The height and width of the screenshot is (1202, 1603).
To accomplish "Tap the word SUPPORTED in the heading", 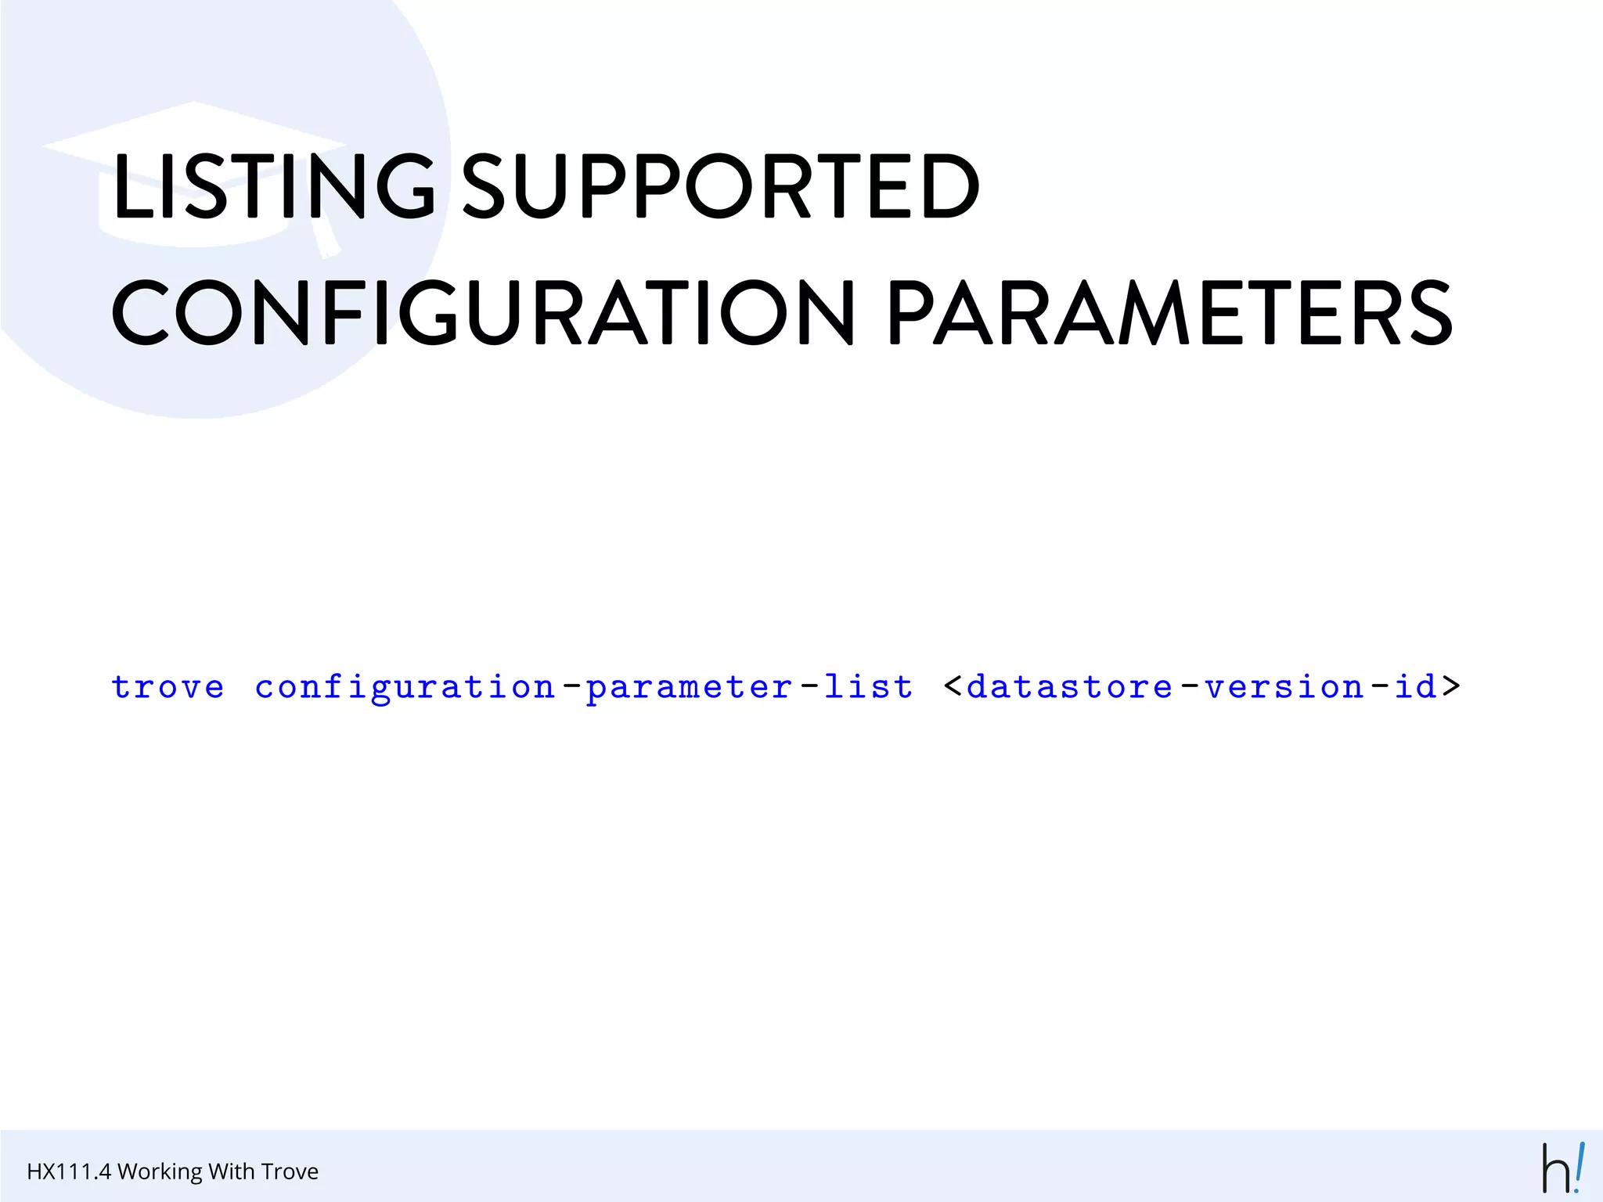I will point(720,185).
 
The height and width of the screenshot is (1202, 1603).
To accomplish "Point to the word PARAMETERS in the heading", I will point(1169,313).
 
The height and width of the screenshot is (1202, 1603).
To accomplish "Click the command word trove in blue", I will point(168,687).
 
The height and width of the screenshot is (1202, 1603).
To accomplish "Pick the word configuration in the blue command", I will point(405,687).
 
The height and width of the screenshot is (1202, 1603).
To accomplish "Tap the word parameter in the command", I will point(690,687).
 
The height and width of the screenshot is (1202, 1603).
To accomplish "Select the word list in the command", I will point(868,687).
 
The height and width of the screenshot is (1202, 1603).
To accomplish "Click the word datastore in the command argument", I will point(1070,687).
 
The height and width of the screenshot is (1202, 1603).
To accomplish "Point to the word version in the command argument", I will point(1284,687).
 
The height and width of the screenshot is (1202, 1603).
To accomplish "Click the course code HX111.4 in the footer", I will point(69,1171).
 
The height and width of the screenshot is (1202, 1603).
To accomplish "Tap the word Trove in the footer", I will point(290,1171).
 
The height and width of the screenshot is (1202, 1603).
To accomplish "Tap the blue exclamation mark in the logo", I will point(1579,1166).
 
